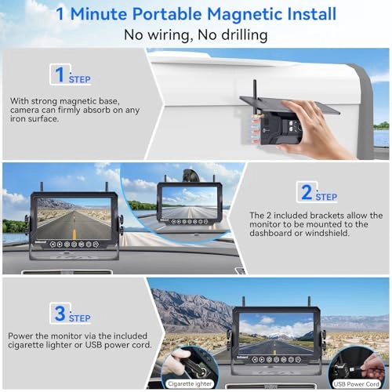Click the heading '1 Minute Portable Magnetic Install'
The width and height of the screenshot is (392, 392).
[195, 15]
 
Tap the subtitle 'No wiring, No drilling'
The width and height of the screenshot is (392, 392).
[195, 35]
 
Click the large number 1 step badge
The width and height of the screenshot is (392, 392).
[59, 74]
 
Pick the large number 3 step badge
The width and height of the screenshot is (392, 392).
[59, 314]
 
